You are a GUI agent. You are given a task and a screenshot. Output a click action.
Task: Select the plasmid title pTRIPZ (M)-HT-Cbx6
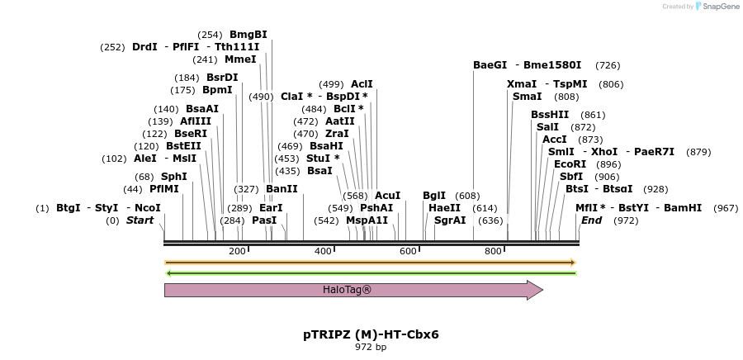(371, 334)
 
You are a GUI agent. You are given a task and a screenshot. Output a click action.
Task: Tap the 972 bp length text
(371, 347)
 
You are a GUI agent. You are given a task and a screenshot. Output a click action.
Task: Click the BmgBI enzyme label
(248, 34)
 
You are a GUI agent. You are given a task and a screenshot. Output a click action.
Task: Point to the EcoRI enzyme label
(570, 163)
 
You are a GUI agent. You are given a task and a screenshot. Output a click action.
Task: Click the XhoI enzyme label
(604, 151)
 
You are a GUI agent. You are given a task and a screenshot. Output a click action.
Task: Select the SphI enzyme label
(174, 176)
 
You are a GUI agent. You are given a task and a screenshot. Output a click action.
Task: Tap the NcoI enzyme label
(148, 208)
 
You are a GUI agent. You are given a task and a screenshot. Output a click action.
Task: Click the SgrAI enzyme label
(450, 220)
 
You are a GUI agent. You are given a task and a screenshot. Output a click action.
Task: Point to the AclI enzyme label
(362, 83)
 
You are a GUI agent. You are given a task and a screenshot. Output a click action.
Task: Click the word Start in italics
(140, 220)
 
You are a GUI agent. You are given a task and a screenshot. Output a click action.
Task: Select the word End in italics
(591, 220)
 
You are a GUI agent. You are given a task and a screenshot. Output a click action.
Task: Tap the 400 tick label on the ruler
(323, 251)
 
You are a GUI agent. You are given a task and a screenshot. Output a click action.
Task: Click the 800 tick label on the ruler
(494, 251)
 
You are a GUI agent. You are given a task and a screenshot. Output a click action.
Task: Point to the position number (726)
(608, 65)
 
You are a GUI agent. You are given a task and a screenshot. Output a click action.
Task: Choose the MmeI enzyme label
(240, 59)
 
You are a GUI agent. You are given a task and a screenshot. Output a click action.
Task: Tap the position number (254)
(211, 35)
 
